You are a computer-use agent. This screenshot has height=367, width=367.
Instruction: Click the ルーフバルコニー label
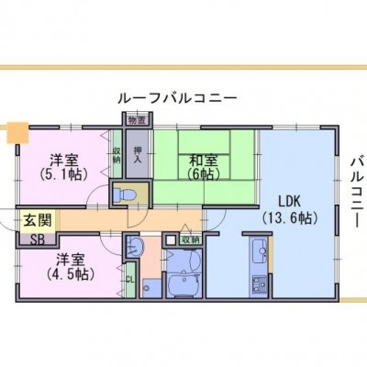[178, 98]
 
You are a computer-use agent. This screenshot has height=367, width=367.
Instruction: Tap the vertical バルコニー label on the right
[358, 191]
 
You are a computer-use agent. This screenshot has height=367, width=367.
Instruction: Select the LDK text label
[290, 202]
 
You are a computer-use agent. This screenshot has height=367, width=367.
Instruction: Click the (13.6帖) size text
[290, 218]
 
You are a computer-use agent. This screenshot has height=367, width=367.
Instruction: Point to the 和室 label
[204, 161]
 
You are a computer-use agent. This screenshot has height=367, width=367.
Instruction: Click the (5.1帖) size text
[64, 174]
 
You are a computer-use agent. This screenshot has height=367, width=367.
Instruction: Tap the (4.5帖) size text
[70, 274]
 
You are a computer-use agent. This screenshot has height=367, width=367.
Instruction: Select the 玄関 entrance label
[38, 220]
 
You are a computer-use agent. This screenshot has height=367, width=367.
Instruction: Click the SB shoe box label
[39, 239]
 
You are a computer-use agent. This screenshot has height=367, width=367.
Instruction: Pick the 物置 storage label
[137, 120]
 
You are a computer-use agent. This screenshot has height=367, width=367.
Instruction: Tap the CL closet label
[130, 279]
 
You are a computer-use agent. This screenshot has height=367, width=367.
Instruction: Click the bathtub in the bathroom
[183, 285]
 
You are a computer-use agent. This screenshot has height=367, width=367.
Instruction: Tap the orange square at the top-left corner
[17, 132]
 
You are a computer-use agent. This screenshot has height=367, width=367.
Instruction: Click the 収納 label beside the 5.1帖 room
[117, 156]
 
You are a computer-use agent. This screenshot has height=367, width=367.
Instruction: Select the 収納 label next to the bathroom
[191, 239]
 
